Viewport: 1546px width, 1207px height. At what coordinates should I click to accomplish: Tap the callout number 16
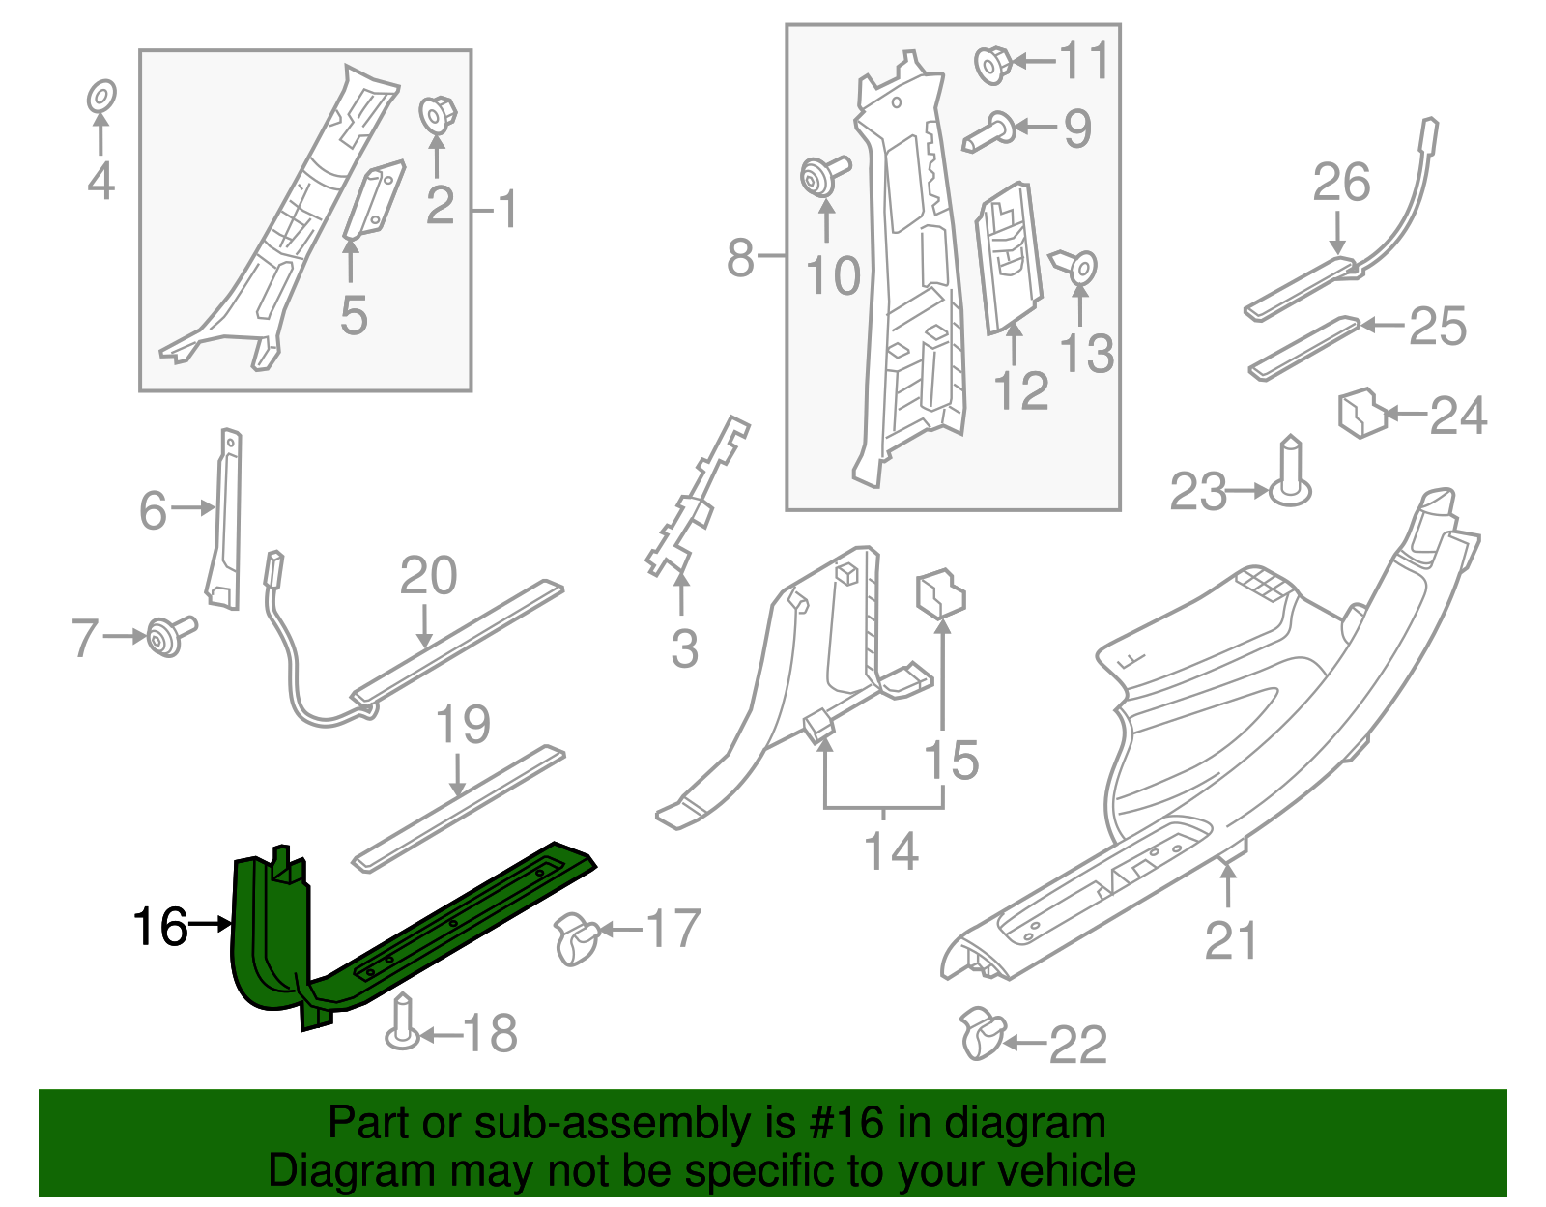159,927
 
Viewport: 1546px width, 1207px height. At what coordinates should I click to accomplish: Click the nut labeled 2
437,115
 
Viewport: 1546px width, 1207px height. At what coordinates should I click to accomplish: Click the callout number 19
464,725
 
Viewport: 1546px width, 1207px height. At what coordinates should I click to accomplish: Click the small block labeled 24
1361,413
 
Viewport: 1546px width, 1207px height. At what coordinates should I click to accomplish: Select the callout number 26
1341,182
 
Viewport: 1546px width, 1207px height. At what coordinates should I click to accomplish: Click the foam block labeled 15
939,591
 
